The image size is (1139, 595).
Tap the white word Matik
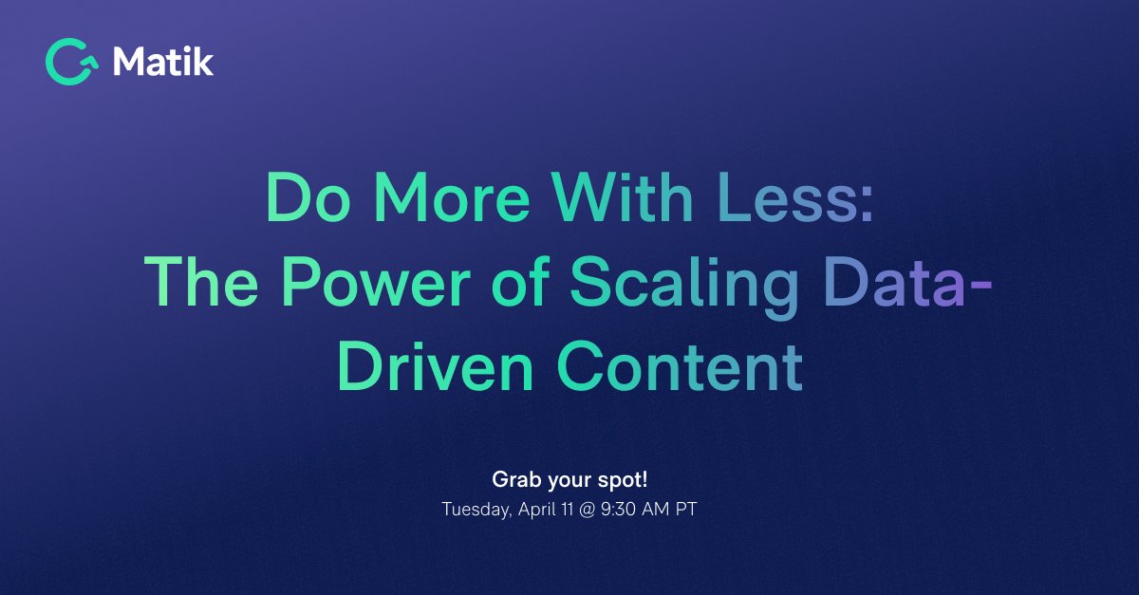tap(163, 63)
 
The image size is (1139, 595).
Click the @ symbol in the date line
tap(587, 509)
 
